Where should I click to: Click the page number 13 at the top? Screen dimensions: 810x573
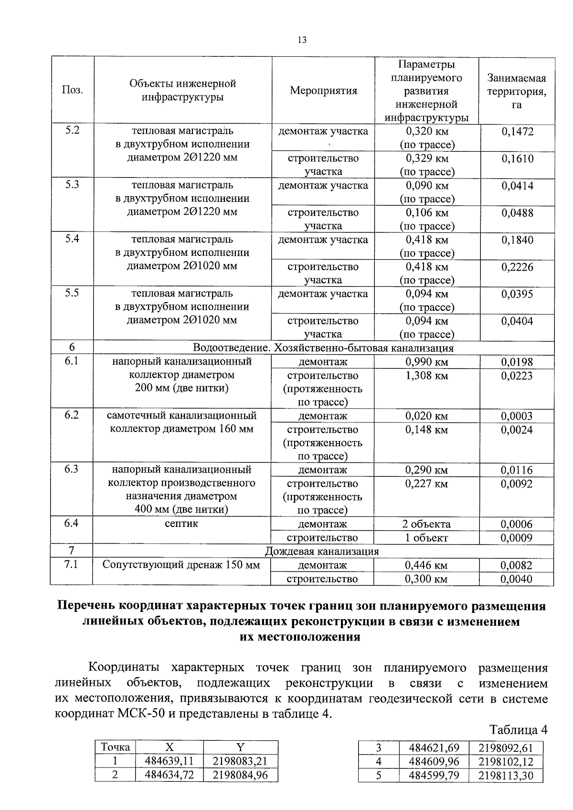pyautogui.click(x=302, y=40)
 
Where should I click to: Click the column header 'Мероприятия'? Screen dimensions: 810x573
pyautogui.click(x=323, y=91)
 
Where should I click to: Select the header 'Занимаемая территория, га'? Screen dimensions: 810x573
pyautogui.click(x=517, y=91)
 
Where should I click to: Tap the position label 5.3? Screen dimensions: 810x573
pyautogui.click(x=72, y=185)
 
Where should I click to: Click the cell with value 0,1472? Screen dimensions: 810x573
pyautogui.click(x=517, y=132)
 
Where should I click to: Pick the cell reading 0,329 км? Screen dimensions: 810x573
pyautogui.click(x=427, y=158)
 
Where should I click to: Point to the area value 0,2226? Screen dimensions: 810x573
pyautogui.click(x=517, y=267)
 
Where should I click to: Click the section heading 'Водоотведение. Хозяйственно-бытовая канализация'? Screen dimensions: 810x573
pyautogui.click(x=323, y=348)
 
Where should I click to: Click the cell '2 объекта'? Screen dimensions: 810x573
pyautogui.click(x=426, y=524)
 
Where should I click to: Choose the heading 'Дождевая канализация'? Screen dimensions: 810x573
pyautogui.click(x=322, y=552)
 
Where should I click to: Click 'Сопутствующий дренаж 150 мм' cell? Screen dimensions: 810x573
pyautogui.click(x=181, y=565)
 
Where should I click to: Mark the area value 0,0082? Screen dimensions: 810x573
pyautogui.click(x=517, y=566)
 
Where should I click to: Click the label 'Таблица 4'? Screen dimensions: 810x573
pyautogui.click(x=518, y=730)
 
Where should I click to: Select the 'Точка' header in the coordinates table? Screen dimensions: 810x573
pyautogui.click(x=115, y=747)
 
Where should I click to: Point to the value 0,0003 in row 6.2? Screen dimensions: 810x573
pyautogui.click(x=517, y=416)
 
